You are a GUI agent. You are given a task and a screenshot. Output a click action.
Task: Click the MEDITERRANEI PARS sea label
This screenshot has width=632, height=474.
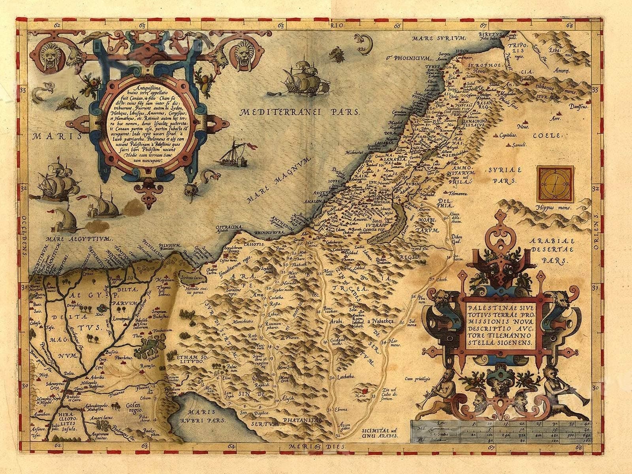click(300, 112)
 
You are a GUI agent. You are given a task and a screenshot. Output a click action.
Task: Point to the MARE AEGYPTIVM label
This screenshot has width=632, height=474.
click(79, 239)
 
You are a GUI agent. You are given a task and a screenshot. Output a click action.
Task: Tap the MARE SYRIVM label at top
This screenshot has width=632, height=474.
click(438, 38)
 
